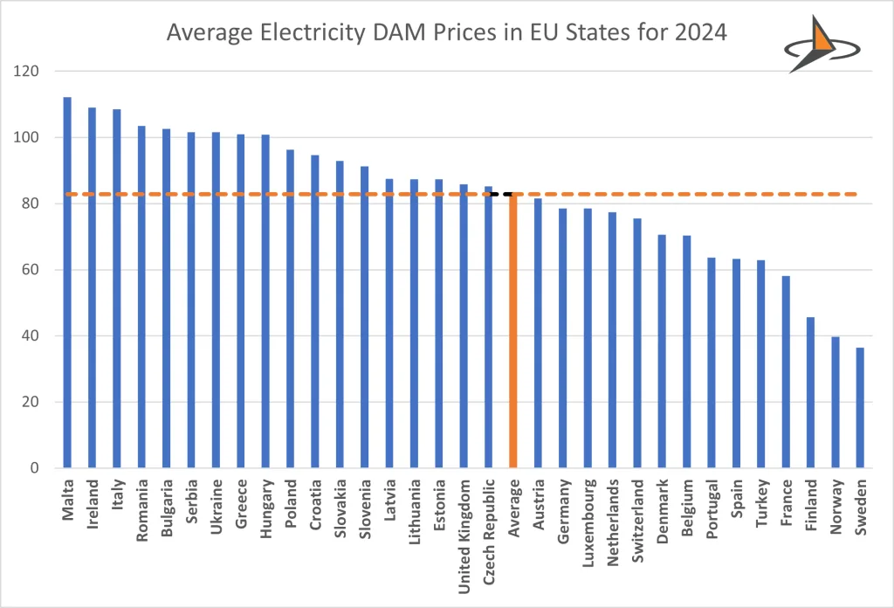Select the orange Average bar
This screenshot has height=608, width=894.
(x=513, y=332)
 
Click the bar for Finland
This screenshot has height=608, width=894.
(x=810, y=392)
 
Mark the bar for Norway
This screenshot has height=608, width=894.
(x=836, y=402)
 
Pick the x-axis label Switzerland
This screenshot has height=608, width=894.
(x=637, y=516)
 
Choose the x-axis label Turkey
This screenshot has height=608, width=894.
(x=761, y=498)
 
